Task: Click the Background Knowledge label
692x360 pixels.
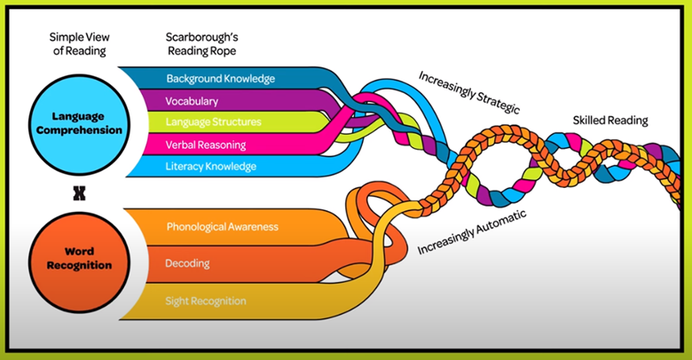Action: coord(221,79)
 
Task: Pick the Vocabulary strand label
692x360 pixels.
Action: coord(193,100)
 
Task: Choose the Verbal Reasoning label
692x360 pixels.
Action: coord(207,144)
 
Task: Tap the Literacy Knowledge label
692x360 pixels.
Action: coord(211,166)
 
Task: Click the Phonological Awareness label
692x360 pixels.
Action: coord(223,227)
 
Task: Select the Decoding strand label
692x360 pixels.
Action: coord(188,263)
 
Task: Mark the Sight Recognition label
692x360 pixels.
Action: coord(206,301)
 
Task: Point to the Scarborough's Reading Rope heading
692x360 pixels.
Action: coord(205,45)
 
